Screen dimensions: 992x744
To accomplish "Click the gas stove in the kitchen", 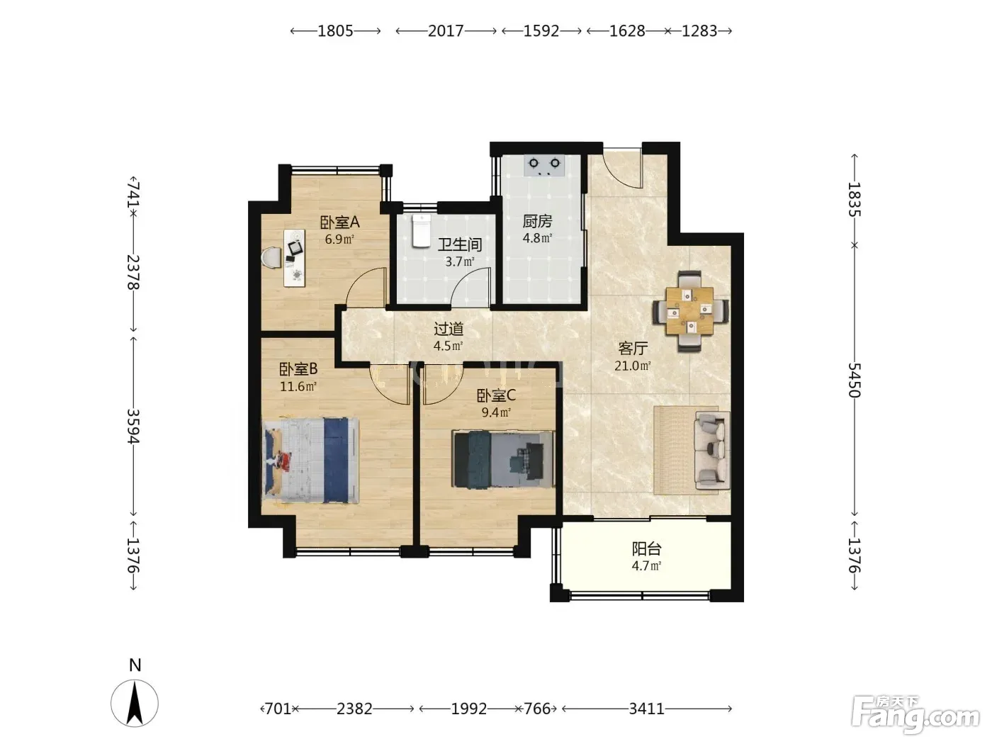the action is click(x=545, y=165).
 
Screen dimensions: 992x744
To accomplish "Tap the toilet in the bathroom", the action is click(x=421, y=231).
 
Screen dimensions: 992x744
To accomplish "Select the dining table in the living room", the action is click(x=689, y=311).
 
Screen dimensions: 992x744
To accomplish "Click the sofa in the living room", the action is click(x=712, y=451).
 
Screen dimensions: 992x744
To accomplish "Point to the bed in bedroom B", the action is click(x=310, y=461).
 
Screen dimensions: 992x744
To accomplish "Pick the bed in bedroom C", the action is click(x=503, y=459).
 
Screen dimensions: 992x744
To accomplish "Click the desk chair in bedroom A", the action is click(x=271, y=257).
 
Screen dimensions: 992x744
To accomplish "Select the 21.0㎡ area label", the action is click(x=632, y=366).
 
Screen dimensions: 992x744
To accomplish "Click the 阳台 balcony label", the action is click(x=647, y=549).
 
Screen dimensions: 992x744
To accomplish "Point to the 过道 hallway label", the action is click(x=449, y=329).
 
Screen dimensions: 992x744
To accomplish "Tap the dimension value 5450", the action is click(x=853, y=380).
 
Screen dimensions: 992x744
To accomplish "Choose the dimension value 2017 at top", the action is click(x=446, y=30).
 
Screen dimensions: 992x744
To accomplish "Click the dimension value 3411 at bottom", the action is click(x=647, y=709).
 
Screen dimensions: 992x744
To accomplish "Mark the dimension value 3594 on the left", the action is click(x=134, y=426).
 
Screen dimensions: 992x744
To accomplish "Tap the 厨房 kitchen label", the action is click(x=537, y=221).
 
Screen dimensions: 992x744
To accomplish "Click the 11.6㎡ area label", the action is click(x=298, y=387).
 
